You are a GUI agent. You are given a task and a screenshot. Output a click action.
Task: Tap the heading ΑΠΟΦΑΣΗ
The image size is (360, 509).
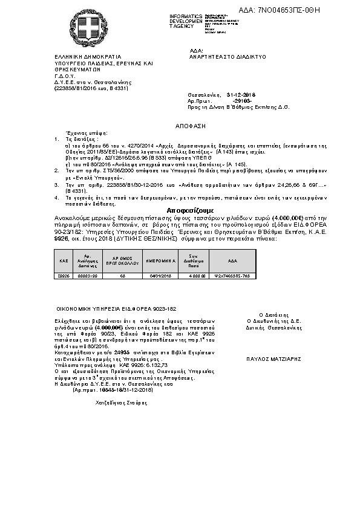[180, 129]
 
